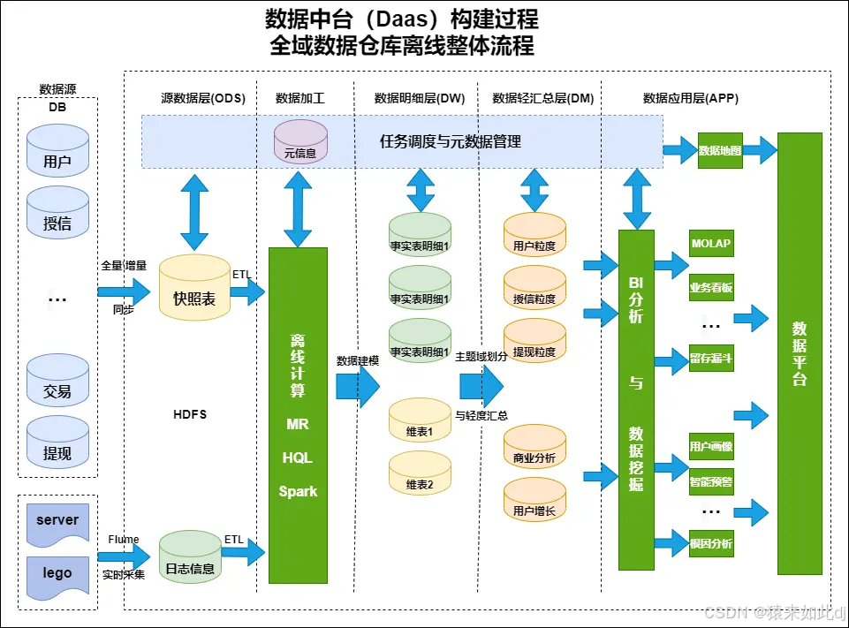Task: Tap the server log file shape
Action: [x=57, y=520]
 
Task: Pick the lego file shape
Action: [x=57, y=572]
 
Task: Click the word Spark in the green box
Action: [x=298, y=491]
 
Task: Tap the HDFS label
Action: [x=190, y=414]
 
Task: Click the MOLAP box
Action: [x=710, y=244]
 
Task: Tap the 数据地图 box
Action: [x=720, y=151]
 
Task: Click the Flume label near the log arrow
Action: [x=124, y=540]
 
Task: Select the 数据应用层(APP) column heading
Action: [x=690, y=98]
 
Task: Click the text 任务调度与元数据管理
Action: [x=450, y=141]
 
